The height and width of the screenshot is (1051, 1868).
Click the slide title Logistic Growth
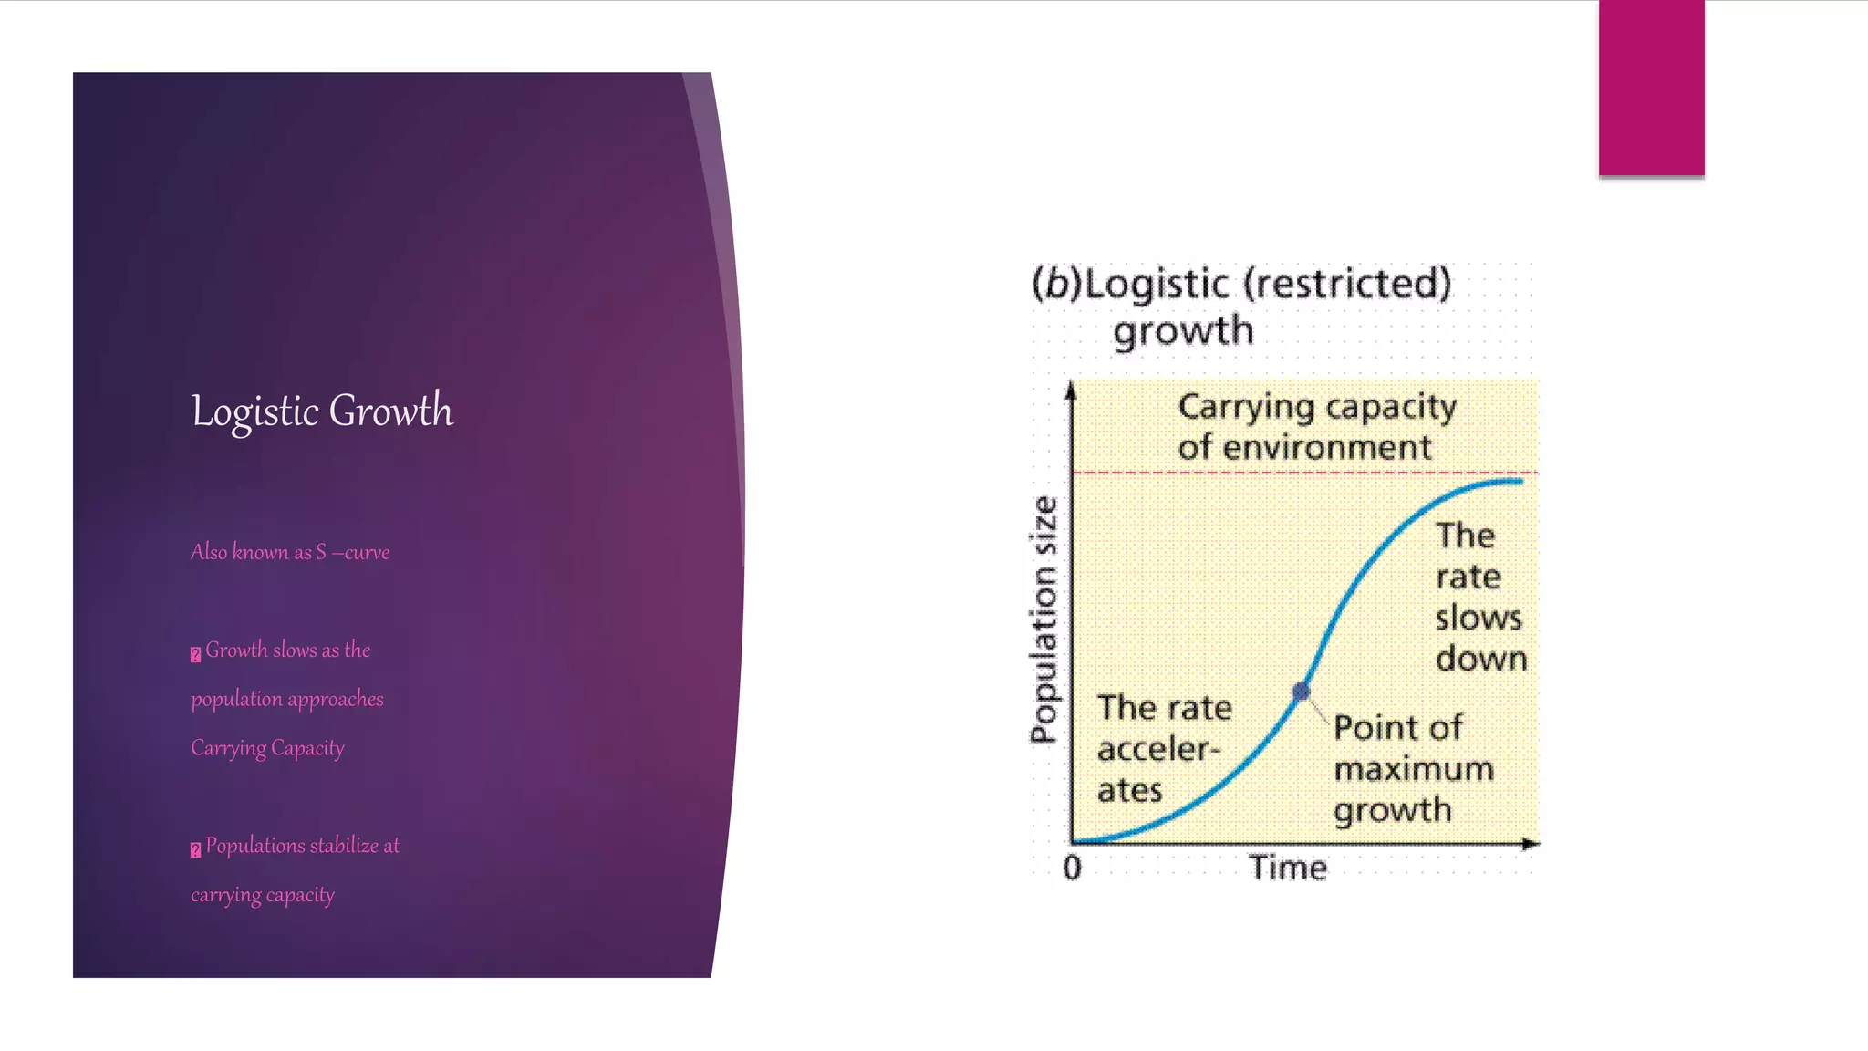321,411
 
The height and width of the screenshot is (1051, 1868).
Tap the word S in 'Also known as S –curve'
321,553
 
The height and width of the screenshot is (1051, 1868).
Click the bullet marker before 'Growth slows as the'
195,654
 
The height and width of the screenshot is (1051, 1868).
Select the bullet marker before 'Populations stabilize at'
195,849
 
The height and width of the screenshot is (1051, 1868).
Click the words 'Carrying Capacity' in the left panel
267,748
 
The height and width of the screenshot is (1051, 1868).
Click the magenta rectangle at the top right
1651,88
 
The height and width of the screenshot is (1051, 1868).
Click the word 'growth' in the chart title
1183,331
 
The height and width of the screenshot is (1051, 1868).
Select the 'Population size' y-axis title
1044,620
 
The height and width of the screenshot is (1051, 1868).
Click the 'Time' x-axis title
1287,868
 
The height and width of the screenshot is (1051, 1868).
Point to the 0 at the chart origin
1072,867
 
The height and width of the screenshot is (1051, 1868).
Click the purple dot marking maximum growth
1302,692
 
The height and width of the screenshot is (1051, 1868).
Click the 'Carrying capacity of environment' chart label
1315,426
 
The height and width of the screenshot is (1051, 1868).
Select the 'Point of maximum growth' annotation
1412,768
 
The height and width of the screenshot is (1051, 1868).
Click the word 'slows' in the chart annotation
1479,618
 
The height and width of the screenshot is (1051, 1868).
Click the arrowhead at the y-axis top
1072,391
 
